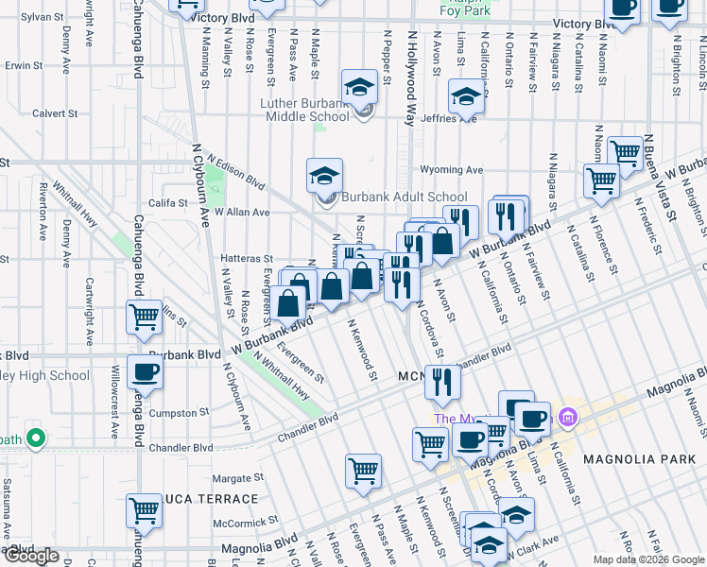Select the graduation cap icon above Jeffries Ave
pos(466,95)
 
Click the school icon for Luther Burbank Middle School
pos(359,87)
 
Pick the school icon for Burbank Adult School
pos(324,175)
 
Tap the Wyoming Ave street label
pos(453,170)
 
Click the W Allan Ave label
pos(241,213)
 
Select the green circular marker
pos(36,438)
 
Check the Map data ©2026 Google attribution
pos(648,559)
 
